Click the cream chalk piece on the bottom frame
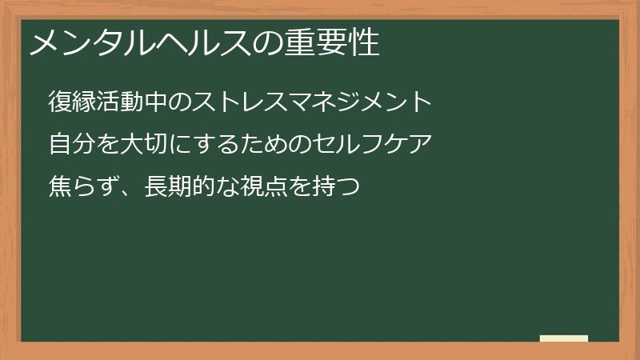(564, 338)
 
